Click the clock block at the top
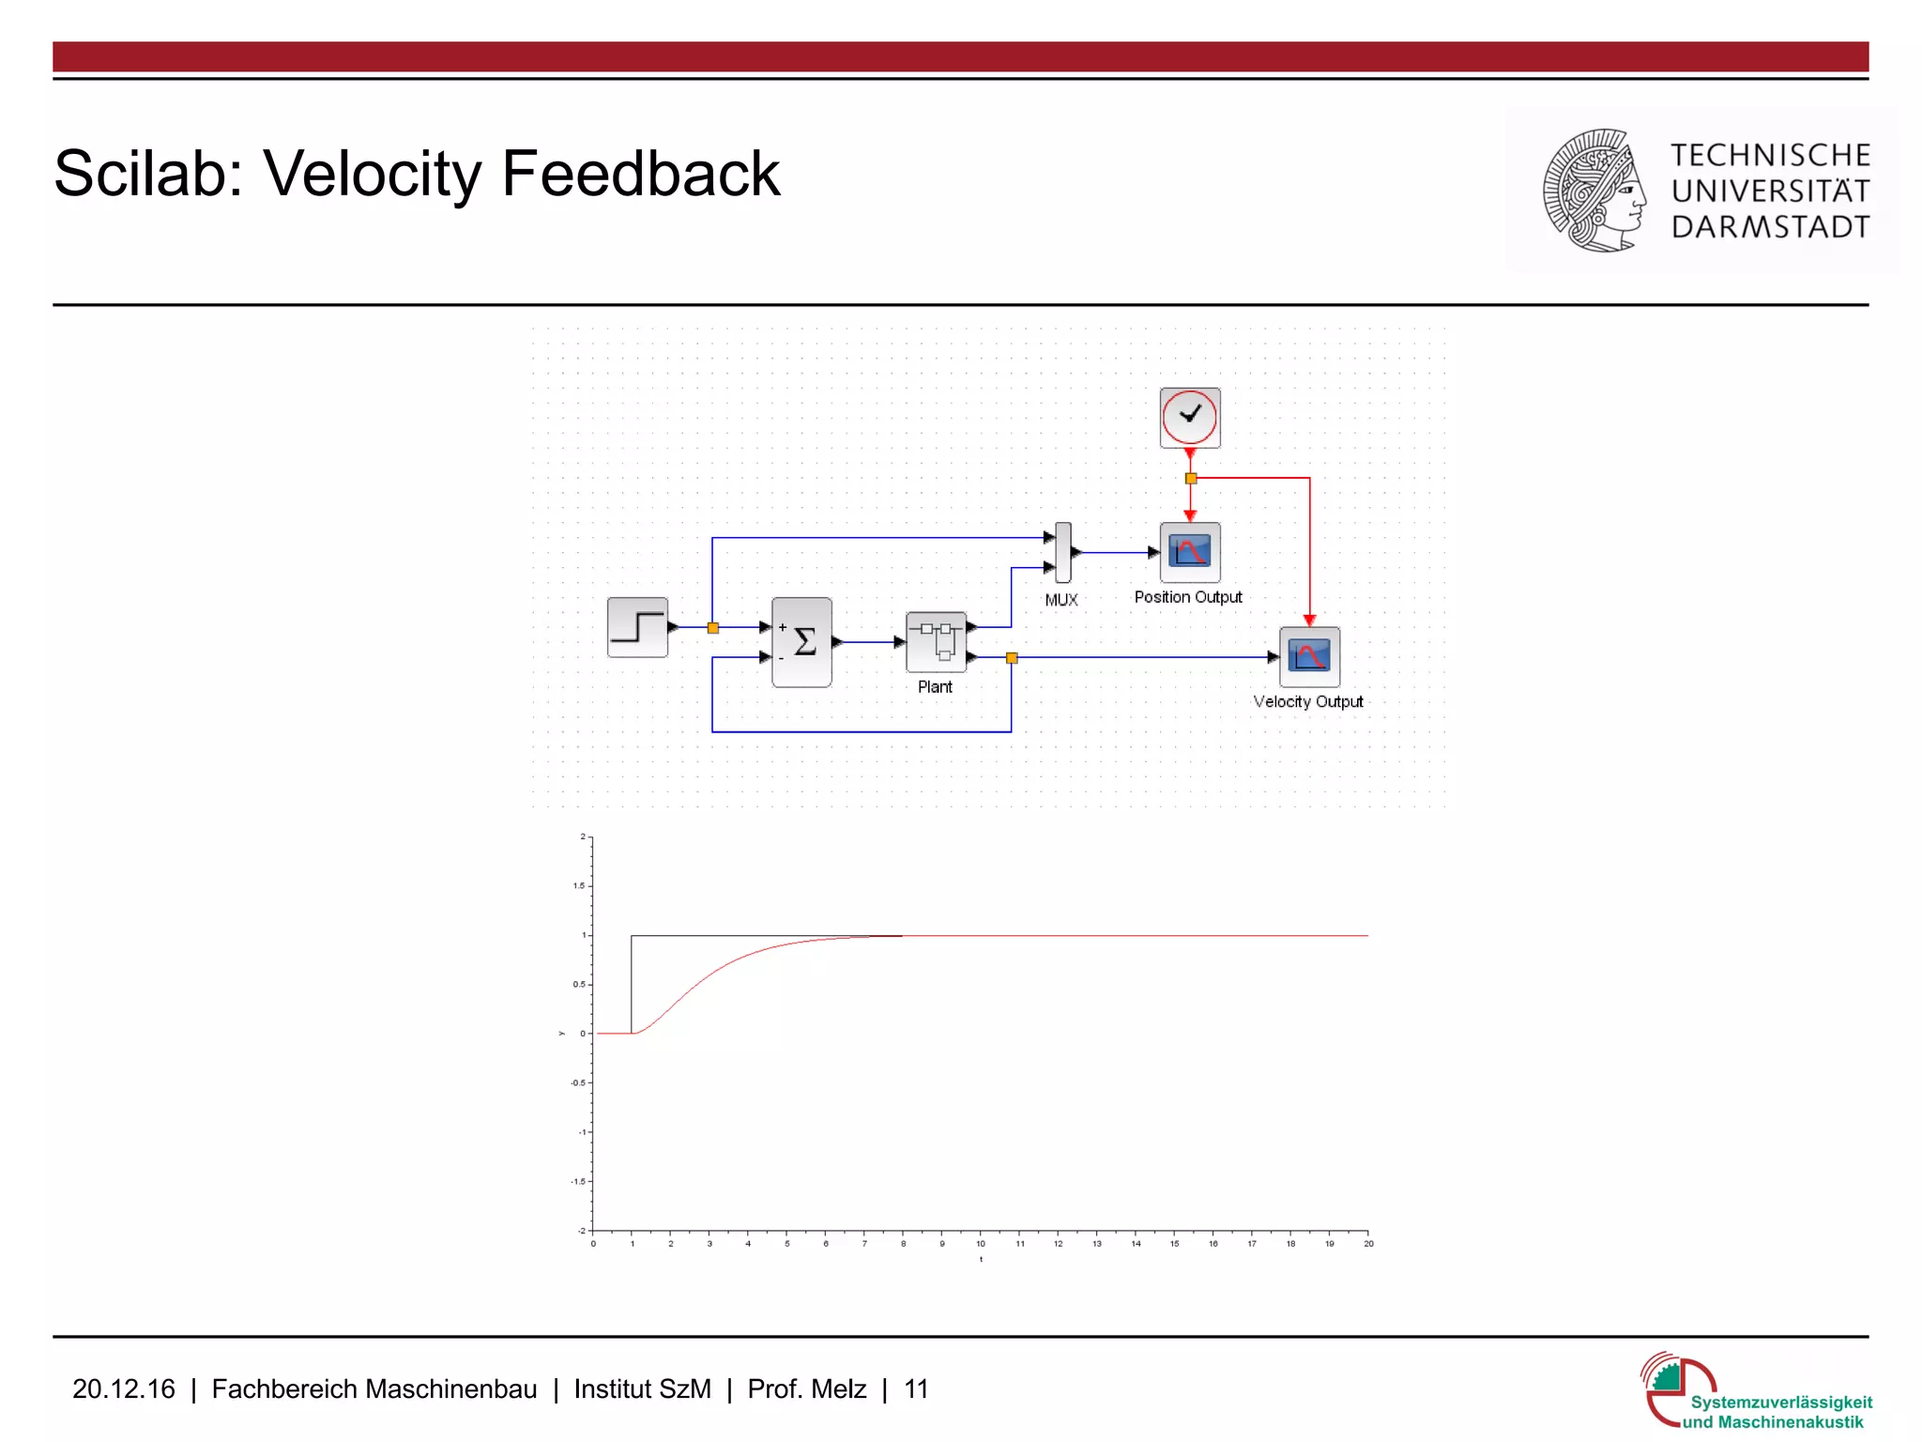[x=1189, y=417]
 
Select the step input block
[x=637, y=627]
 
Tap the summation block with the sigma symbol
[x=801, y=642]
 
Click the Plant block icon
[x=936, y=642]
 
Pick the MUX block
[x=1062, y=552]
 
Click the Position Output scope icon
[x=1190, y=552]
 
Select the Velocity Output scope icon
[x=1309, y=656]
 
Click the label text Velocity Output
[x=1307, y=701]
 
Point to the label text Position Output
[x=1187, y=597]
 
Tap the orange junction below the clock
[x=1190, y=479]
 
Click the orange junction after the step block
[x=712, y=627]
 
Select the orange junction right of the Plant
[x=1011, y=658]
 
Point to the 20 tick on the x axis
[x=1368, y=1243]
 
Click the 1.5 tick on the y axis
[x=579, y=885]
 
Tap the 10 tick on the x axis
[x=981, y=1243]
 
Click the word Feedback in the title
[x=640, y=174]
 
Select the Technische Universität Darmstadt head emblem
[x=1594, y=191]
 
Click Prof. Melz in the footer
[x=806, y=1388]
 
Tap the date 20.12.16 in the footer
[x=123, y=1388]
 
